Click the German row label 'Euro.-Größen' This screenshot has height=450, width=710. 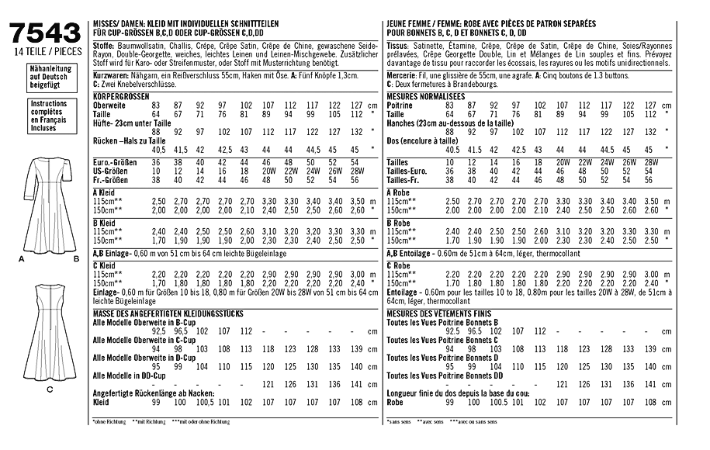pyautogui.click(x=114, y=161)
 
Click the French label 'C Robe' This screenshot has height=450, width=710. pyautogui.click(x=399, y=266)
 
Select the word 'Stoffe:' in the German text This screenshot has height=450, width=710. pyautogui.click(x=103, y=45)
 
